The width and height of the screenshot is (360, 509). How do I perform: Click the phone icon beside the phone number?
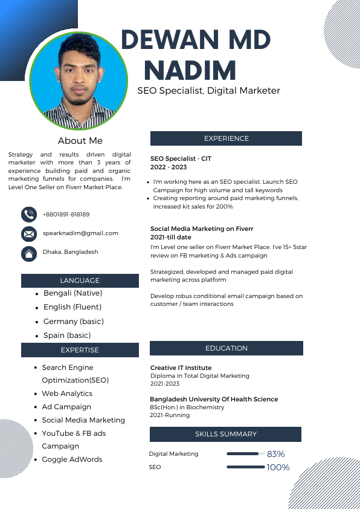click(28, 214)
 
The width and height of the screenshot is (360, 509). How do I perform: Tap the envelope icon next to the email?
click(28, 233)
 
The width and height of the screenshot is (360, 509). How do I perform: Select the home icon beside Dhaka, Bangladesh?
click(28, 253)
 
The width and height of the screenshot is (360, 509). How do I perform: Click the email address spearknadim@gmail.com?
click(80, 233)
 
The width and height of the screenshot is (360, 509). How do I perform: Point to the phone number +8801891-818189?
click(66, 214)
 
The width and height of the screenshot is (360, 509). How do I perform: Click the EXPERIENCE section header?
click(226, 138)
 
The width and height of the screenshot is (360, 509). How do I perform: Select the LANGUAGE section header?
click(80, 280)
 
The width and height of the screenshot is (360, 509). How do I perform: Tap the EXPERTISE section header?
click(80, 349)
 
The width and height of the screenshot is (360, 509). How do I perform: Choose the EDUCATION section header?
click(226, 348)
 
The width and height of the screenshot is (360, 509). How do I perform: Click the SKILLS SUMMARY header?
click(225, 434)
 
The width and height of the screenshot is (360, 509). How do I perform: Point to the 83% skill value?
click(275, 454)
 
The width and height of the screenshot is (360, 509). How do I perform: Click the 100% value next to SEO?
click(278, 467)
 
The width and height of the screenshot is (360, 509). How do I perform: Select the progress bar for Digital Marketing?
click(243, 453)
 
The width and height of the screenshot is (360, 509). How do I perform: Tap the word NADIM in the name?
click(190, 71)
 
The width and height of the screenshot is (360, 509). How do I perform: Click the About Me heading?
click(80, 141)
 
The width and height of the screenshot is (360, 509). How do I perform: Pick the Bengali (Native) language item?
click(72, 293)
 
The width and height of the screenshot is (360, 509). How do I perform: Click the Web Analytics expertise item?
click(67, 394)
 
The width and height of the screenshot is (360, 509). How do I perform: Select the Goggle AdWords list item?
click(72, 459)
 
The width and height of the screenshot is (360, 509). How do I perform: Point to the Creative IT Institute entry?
click(181, 368)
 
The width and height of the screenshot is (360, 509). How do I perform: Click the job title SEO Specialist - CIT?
click(181, 158)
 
